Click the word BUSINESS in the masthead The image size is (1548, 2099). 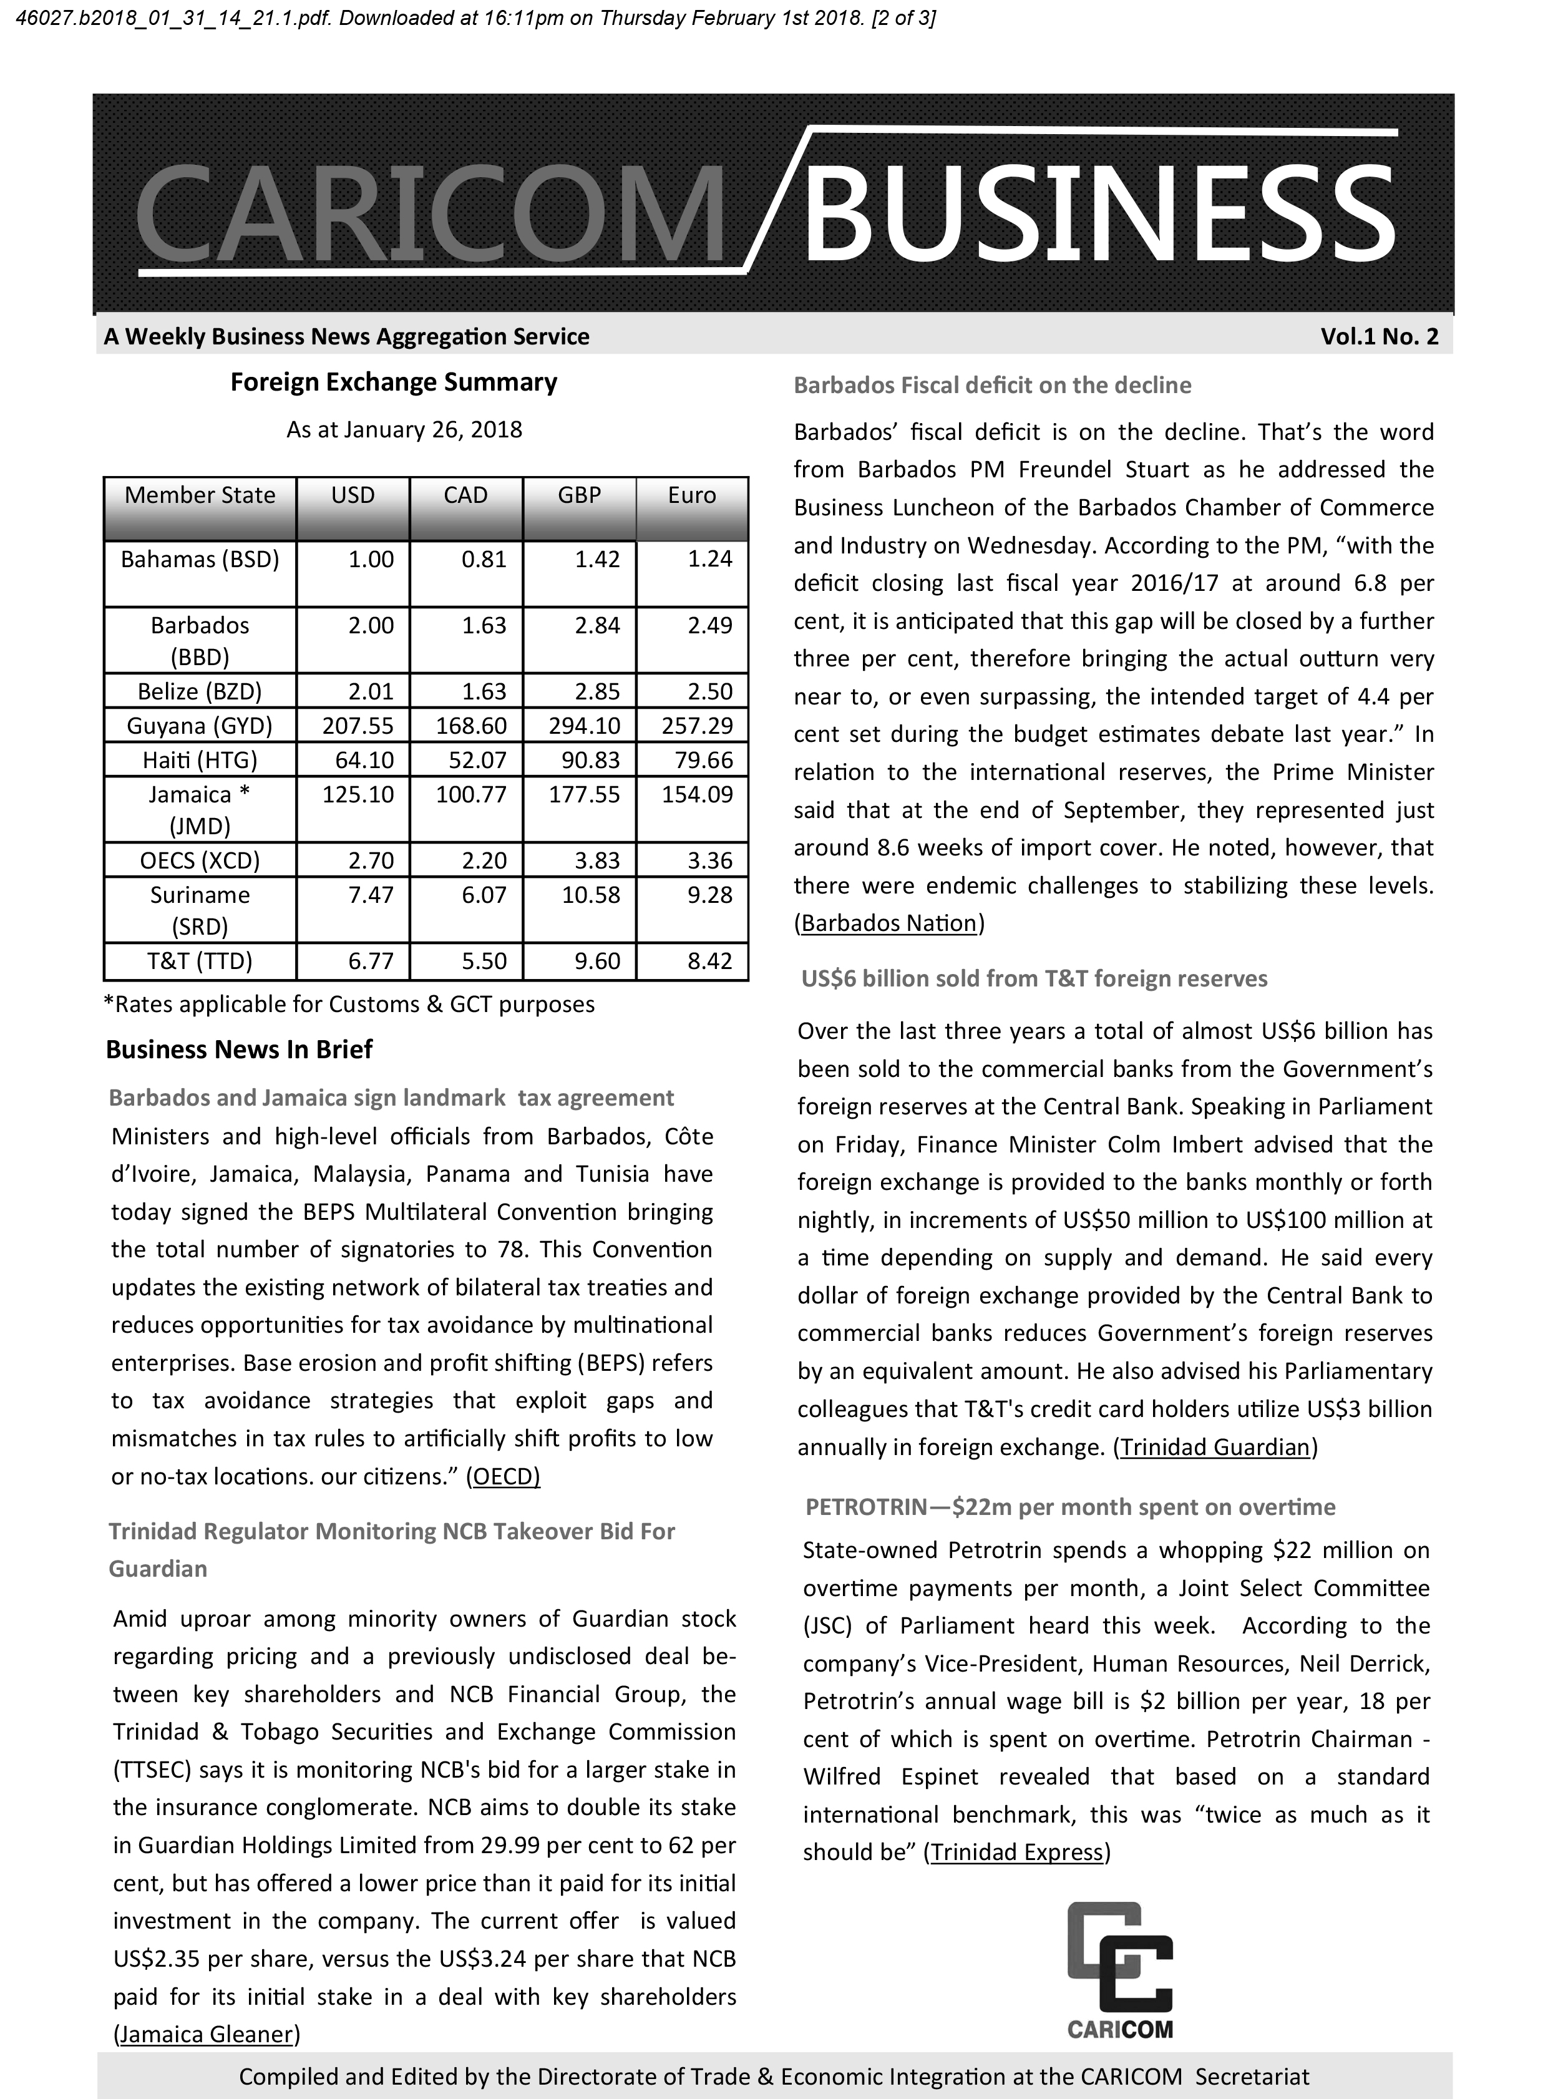[x=1098, y=215]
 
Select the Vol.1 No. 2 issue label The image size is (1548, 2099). [x=1380, y=336]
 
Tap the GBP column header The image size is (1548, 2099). [x=579, y=495]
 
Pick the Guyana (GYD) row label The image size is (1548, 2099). [x=200, y=725]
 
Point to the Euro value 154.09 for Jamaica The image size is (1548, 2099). [x=697, y=795]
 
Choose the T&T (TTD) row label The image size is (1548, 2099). [x=200, y=960]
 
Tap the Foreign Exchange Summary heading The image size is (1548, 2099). [x=394, y=382]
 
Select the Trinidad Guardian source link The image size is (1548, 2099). [x=1214, y=1447]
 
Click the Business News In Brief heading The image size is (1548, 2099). [x=239, y=1049]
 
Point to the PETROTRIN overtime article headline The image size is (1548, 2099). [x=1070, y=1507]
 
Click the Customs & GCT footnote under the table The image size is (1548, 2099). [x=349, y=1005]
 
